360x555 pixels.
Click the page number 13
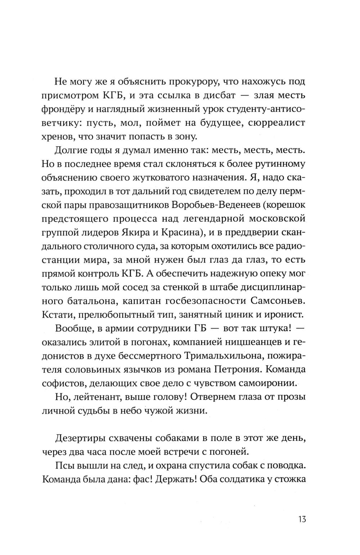pos(302,519)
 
